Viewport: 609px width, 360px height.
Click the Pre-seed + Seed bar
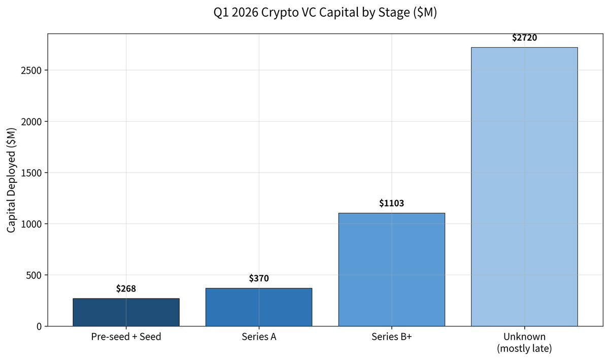click(126, 312)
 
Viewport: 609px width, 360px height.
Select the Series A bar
click(259, 307)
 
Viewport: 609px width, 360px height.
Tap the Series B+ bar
click(391, 269)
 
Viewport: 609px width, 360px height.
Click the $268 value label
click(126, 289)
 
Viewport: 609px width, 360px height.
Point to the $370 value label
click(259, 278)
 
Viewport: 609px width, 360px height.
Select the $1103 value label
click(391, 203)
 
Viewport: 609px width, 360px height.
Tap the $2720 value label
click(524, 38)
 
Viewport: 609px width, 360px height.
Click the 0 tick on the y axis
click(39, 326)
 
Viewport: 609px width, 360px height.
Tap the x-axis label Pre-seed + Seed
click(126, 337)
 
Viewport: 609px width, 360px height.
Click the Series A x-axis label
click(259, 337)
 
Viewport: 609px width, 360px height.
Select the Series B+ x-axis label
click(391, 337)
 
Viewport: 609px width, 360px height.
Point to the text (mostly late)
click(524, 349)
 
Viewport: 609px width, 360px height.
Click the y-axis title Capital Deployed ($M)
click(12, 180)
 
